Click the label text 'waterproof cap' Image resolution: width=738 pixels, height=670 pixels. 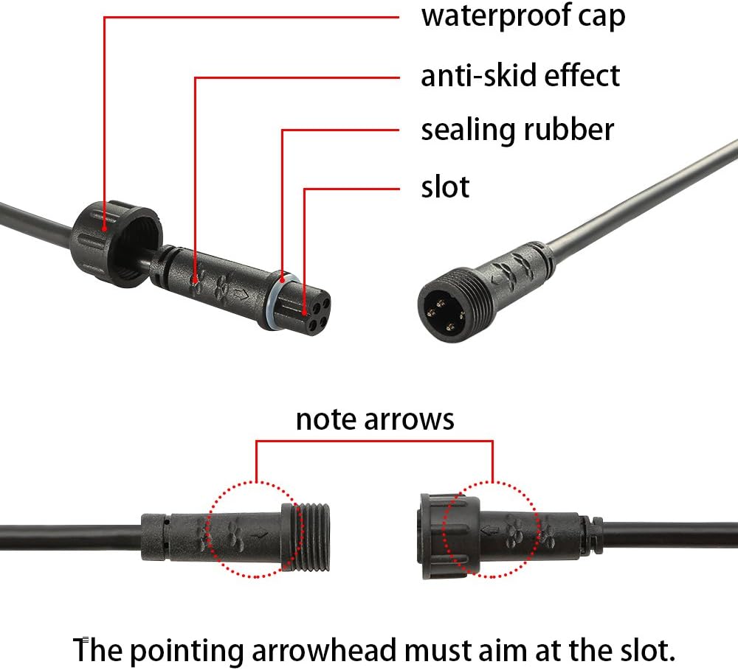[x=523, y=17]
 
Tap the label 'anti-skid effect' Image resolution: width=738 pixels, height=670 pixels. [x=520, y=76]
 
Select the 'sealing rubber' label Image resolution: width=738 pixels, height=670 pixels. [x=517, y=130]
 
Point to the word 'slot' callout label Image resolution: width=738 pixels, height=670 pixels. [x=445, y=186]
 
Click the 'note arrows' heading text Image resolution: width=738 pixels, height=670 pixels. [x=375, y=419]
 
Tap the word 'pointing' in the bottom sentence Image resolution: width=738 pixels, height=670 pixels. [x=187, y=651]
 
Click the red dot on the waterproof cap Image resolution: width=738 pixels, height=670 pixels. [x=105, y=229]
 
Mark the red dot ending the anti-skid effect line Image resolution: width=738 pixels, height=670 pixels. [x=196, y=282]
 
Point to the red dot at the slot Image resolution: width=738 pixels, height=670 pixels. [x=305, y=312]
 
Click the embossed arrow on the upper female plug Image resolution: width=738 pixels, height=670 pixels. [x=241, y=295]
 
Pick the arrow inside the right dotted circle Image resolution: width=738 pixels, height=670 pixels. [x=491, y=531]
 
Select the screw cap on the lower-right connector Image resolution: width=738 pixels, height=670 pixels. [x=449, y=536]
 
